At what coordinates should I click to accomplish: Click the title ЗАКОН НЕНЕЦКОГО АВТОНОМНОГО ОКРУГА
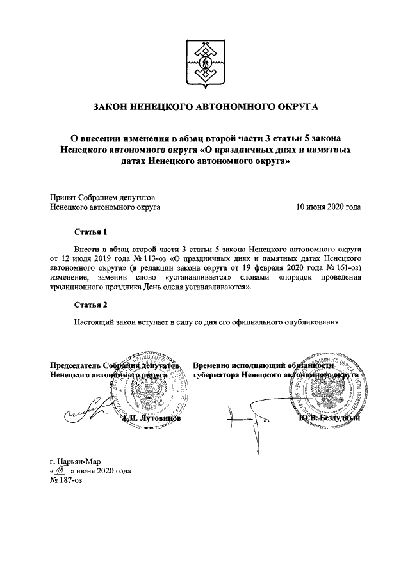coord(205,106)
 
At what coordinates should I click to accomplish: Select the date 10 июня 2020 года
coord(327,207)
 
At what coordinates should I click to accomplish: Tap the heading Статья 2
coord(89,303)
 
